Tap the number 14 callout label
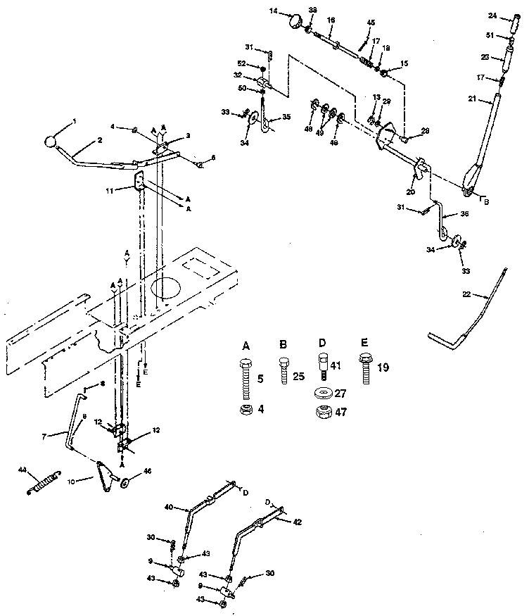tap(274, 12)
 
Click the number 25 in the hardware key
tap(298, 377)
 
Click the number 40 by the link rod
tap(168, 507)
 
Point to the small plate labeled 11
tap(139, 182)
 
